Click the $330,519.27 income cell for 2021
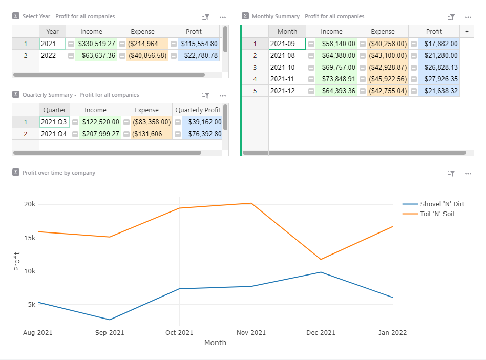tap(96, 44)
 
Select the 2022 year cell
tap(53, 55)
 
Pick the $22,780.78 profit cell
tap(199, 55)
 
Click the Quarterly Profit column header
tap(198, 110)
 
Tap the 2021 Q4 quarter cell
tap(54, 134)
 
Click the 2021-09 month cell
tap(287, 44)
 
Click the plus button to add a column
tap(467, 32)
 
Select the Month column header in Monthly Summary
tap(287, 32)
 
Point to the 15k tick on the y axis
tap(30, 238)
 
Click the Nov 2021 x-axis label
tap(251, 333)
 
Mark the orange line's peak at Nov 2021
tap(251, 203)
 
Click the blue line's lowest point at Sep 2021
tap(110, 320)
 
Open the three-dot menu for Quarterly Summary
tap(223, 95)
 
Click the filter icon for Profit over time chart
tap(451, 174)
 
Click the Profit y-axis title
tap(17, 261)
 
